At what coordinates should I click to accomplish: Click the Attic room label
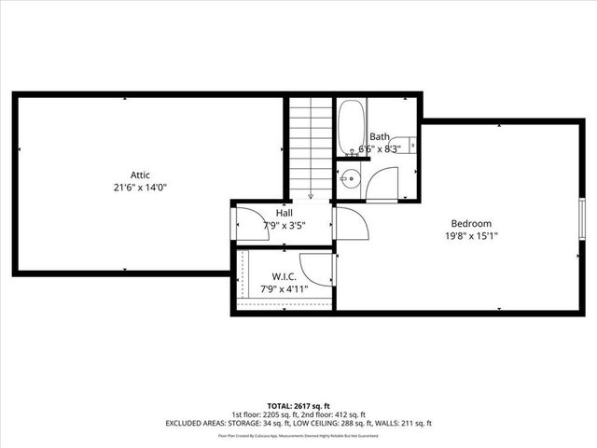tap(140, 175)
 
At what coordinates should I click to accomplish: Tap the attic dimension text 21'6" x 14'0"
tap(140, 187)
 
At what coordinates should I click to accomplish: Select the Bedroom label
tap(471, 223)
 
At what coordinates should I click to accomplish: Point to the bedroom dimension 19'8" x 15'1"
tap(471, 236)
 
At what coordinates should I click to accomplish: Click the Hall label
tap(284, 213)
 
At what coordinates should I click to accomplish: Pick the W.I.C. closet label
tap(284, 275)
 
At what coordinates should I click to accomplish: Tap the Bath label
tap(381, 136)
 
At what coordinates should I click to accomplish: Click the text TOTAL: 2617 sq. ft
tap(298, 406)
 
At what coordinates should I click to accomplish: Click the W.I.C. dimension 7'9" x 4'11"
tap(284, 288)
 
